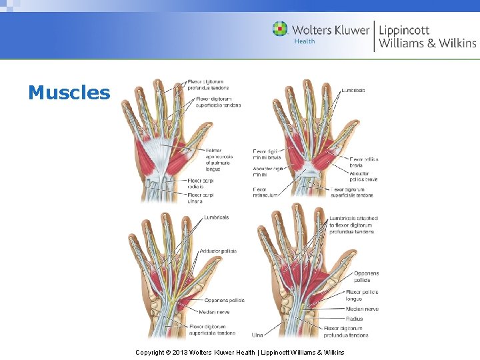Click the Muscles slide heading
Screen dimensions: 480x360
click(69, 93)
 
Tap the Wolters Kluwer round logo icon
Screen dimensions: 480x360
click(280, 29)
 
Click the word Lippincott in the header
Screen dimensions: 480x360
click(404, 29)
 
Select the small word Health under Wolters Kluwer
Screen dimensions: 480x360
click(304, 41)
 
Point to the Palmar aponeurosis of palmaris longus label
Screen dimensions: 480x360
click(219, 160)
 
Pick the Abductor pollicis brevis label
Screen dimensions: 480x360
click(363, 177)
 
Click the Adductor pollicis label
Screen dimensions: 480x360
click(218, 251)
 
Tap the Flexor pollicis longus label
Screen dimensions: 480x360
click(362, 295)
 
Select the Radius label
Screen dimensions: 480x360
click(355, 319)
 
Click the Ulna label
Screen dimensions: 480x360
click(257, 334)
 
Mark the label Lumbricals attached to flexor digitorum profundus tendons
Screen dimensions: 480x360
click(353, 225)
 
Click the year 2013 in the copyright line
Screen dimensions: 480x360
click(177, 352)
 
